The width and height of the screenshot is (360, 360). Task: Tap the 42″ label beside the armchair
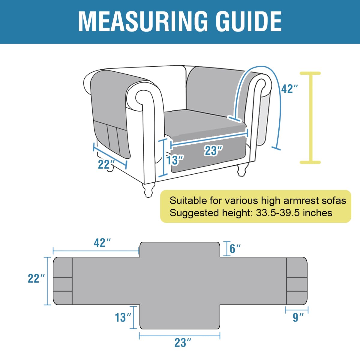tap(289, 89)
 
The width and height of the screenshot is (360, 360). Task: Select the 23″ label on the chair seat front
tap(213, 150)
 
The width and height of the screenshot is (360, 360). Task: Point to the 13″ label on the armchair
tap(175, 160)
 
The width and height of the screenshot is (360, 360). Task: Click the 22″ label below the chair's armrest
tap(106, 164)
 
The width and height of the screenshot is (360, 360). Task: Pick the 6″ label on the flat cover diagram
tap(235, 249)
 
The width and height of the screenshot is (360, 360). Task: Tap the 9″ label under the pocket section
tap(298, 317)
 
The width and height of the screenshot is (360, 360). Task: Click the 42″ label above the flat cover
tap(102, 243)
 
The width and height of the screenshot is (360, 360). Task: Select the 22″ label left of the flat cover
tap(36, 278)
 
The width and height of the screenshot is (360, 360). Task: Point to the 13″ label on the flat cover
tap(123, 317)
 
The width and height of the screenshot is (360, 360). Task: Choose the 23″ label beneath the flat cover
tap(183, 343)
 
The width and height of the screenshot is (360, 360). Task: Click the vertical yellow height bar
tap(310, 118)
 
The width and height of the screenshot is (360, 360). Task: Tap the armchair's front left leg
tap(149, 190)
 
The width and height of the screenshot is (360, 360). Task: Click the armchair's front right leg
tap(242, 170)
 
